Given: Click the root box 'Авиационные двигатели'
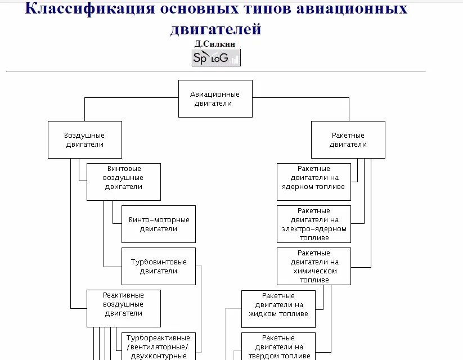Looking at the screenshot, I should click(215, 98).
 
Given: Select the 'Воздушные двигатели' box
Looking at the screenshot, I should click(84, 139).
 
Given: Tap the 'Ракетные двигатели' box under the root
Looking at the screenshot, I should click(348, 139).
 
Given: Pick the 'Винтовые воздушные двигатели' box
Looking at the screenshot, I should click(123, 182).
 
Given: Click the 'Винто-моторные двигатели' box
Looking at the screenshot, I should click(159, 224).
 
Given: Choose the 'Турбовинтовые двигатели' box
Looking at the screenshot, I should click(159, 266).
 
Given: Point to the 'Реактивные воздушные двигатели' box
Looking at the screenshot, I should click(123, 308).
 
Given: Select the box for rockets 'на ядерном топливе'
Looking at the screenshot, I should click(314, 182).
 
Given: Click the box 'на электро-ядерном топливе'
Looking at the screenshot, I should click(314, 224).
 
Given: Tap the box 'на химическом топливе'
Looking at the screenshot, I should click(314, 266).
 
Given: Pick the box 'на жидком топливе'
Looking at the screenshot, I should click(278, 308).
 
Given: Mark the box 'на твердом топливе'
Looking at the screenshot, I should click(278, 346).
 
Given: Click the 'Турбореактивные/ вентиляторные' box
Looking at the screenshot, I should click(159, 346).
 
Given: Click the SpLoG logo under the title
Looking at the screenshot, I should click(216, 57).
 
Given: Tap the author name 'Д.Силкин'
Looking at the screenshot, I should click(216, 44).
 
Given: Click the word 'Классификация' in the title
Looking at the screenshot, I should click(89, 9).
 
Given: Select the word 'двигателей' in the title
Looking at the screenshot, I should click(216, 29).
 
